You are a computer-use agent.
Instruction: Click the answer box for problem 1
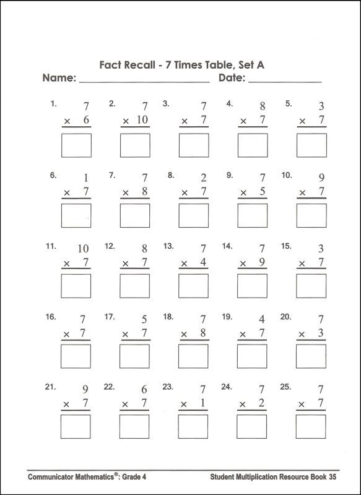[x=76, y=145]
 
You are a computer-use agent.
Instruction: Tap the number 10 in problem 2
[x=142, y=120]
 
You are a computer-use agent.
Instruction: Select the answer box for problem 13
[x=193, y=286]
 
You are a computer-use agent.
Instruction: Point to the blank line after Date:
[x=285, y=80]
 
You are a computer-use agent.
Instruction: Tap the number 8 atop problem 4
[x=262, y=106]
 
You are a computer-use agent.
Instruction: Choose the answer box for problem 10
[x=311, y=216]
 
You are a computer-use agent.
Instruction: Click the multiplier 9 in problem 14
[x=262, y=262]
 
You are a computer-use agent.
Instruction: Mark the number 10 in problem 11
[x=83, y=249]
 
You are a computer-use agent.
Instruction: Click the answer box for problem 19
[x=252, y=356]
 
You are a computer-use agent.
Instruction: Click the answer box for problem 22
[x=135, y=426]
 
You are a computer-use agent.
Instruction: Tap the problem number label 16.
[x=51, y=317]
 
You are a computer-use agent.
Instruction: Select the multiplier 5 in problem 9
[x=262, y=192]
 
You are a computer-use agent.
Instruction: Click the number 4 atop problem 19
[x=262, y=320]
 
